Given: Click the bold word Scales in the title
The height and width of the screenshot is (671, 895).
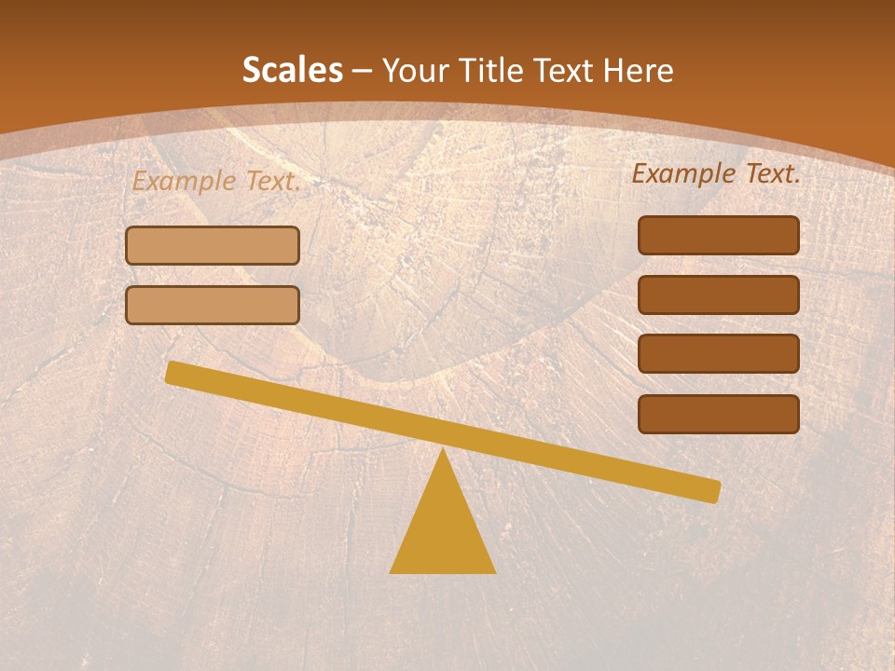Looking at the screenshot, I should pyautogui.click(x=292, y=71).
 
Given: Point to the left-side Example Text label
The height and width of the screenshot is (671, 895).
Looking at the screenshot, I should pyautogui.click(x=216, y=182).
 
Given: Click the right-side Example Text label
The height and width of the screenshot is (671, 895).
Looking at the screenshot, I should pyautogui.click(x=716, y=173).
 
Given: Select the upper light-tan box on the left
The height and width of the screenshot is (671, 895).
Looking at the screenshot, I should pyautogui.click(x=213, y=246).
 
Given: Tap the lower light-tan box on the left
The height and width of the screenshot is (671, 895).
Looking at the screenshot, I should pyautogui.click(x=213, y=306).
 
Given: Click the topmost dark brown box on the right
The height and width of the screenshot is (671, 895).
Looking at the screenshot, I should pyautogui.click(x=718, y=235).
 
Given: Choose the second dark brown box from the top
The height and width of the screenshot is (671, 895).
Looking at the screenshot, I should pyautogui.click(x=718, y=294).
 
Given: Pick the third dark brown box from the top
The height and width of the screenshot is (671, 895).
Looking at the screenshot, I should pyautogui.click(x=718, y=354).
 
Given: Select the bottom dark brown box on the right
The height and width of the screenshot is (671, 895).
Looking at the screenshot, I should pyautogui.click(x=718, y=414).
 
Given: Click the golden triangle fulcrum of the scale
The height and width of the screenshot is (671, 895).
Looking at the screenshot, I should pyautogui.click(x=443, y=531).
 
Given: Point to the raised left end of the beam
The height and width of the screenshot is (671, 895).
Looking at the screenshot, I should pyautogui.click(x=173, y=373).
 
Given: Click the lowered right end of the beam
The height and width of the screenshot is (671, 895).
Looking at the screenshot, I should pyautogui.click(x=712, y=490).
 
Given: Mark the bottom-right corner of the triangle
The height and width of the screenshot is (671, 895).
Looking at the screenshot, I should pyautogui.click(x=493, y=571).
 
